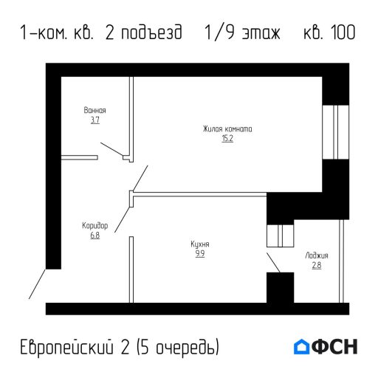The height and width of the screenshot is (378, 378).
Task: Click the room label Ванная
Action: (94, 110)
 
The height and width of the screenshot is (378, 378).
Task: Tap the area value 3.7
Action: (94, 119)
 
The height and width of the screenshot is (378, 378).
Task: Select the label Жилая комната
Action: (227, 129)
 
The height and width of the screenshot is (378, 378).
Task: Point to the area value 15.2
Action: (227, 139)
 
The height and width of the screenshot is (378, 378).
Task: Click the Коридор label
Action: (94, 226)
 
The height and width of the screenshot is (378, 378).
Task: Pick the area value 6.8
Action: (94, 236)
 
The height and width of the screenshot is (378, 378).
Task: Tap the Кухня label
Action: (199, 243)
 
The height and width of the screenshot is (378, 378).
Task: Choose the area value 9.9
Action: (199, 252)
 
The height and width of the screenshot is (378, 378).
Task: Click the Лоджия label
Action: (317, 255)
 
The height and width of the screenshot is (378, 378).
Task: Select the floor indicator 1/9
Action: (219, 33)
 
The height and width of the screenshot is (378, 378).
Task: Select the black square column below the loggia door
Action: (280, 287)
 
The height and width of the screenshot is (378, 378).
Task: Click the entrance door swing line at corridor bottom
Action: (38, 284)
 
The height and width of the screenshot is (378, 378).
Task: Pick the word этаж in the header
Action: (262, 33)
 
